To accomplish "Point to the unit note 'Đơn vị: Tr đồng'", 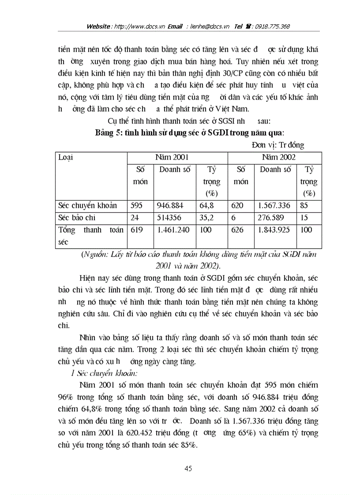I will click(278, 145).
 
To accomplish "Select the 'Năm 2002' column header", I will click(278, 157).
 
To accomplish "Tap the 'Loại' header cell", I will click(66, 157).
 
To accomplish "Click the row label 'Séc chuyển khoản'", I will click(87, 205).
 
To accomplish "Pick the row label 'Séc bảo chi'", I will click(77, 218).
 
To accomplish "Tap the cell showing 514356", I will click(168, 218).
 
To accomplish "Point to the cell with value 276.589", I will click(270, 218).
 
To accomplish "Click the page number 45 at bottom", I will click(188, 469).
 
